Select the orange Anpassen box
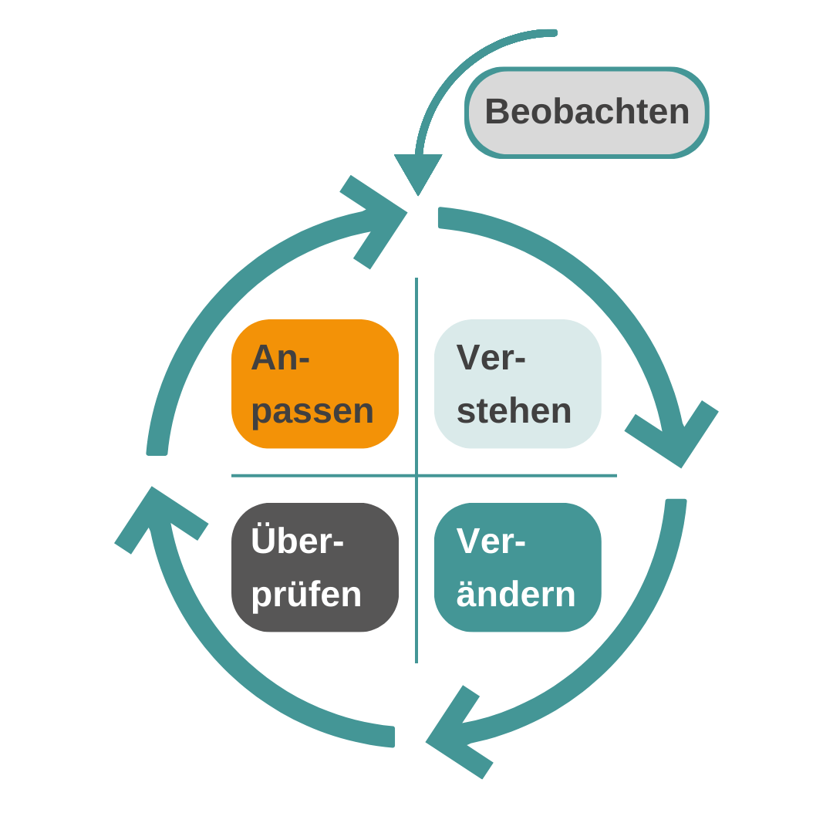coord(315,383)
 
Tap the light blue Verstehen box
coord(518,383)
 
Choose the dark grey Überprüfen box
coord(315,567)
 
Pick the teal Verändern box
coord(518,567)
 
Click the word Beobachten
coord(586,112)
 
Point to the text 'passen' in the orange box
coord(312,411)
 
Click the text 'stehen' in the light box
coord(514,411)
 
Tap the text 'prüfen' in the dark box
coord(306,595)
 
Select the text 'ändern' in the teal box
coord(515,595)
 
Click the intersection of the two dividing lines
coord(416,475)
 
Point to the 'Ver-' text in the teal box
coord(491,541)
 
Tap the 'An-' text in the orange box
coord(280,358)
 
